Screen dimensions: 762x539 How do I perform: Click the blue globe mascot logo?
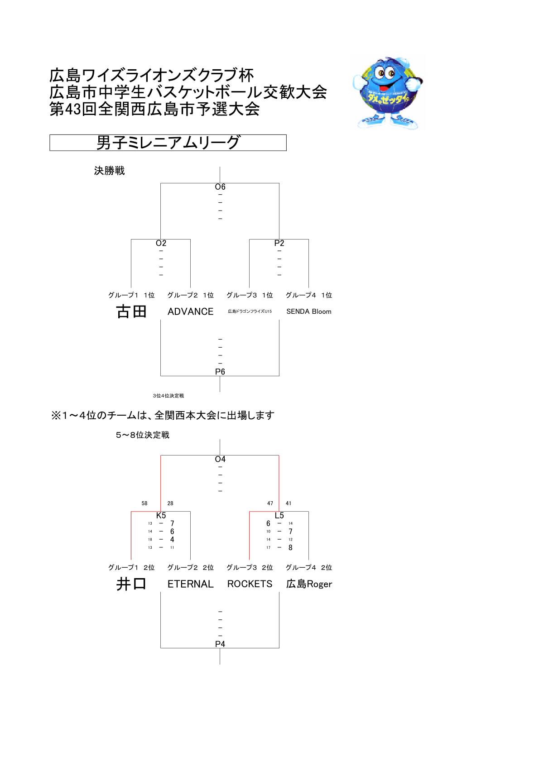[388, 93]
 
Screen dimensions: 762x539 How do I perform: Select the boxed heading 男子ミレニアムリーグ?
[168, 143]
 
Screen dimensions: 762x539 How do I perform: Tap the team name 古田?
[131, 312]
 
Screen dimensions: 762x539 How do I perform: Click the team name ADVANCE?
[190, 312]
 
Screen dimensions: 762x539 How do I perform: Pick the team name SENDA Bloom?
[308, 312]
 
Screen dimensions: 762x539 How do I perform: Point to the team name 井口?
[131, 584]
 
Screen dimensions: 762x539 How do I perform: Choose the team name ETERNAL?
[190, 584]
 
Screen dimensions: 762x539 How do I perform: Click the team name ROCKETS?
[250, 584]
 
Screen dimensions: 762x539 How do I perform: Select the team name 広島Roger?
[309, 584]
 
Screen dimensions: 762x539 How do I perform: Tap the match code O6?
[220, 187]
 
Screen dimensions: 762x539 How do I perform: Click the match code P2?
[279, 243]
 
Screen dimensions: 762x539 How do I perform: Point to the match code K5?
[161, 516]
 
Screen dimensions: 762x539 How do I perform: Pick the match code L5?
[279, 516]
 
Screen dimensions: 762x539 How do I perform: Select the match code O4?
[220, 459]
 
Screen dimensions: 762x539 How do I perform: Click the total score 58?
[144, 503]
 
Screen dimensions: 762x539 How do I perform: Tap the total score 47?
[270, 503]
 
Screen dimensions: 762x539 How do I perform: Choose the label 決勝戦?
[109, 171]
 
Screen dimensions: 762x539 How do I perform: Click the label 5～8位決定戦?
[143, 435]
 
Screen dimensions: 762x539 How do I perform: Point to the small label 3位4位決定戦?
[168, 396]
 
